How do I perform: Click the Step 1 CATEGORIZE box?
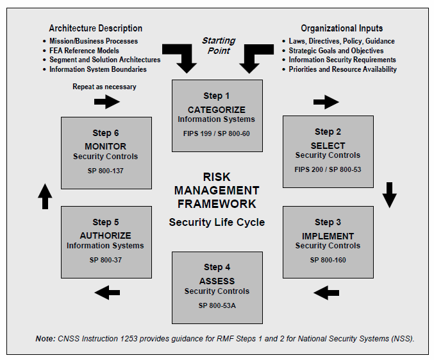click(x=217, y=116)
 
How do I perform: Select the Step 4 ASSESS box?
click(x=217, y=287)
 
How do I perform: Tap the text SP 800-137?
click(x=106, y=171)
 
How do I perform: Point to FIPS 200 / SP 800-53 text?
click(x=328, y=169)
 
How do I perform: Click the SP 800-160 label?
click(x=328, y=260)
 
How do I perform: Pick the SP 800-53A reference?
click(x=217, y=305)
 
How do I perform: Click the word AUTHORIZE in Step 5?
click(x=106, y=236)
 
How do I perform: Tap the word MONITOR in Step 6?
click(x=106, y=146)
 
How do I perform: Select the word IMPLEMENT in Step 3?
click(x=328, y=236)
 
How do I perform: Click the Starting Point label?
click(x=219, y=46)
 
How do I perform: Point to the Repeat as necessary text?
click(x=104, y=87)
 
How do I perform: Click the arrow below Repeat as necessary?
click(x=107, y=101)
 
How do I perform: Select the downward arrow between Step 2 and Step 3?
click(x=389, y=195)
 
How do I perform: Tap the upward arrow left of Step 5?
click(x=45, y=196)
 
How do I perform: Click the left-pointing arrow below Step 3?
click(x=326, y=293)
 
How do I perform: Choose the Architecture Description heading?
click(x=96, y=28)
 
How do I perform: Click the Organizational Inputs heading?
click(x=342, y=28)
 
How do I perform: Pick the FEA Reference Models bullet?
click(x=84, y=51)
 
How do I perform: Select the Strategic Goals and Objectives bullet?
click(x=336, y=51)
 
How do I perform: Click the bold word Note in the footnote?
click(x=46, y=339)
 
